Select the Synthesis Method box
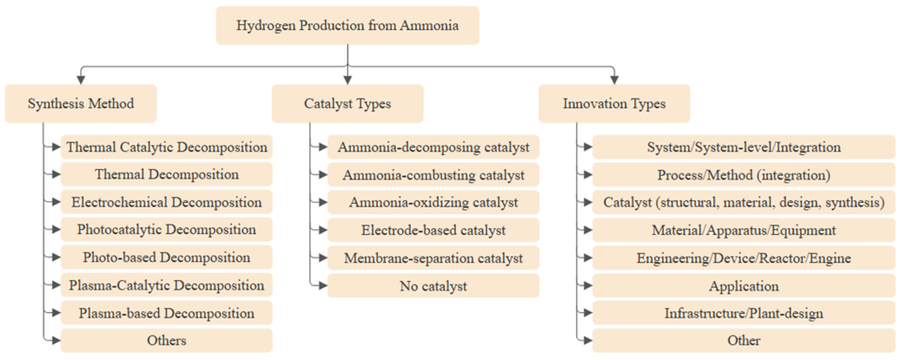(x=81, y=103)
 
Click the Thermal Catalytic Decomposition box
(x=167, y=147)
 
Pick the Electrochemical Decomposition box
(x=167, y=202)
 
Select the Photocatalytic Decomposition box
(x=167, y=229)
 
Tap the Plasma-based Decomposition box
(x=167, y=313)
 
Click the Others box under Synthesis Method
(x=167, y=340)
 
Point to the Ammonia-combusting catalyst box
(x=433, y=175)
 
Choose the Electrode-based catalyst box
(x=433, y=230)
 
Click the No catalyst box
(x=433, y=286)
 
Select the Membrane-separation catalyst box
(x=433, y=258)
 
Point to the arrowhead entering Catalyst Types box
(x=347, y=80)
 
